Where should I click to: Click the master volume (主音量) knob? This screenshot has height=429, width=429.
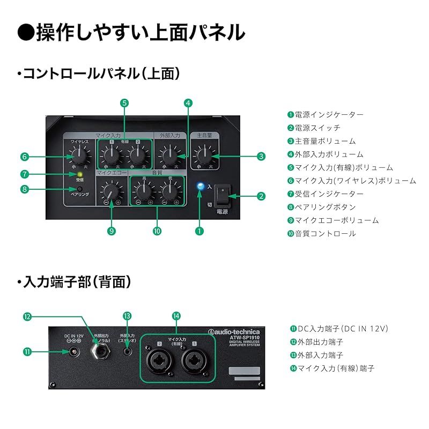click(x=204, y=156)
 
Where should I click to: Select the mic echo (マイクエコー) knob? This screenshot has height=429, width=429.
click(x=112, y=191)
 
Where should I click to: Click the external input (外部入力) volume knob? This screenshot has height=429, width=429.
click(x=169, y=156)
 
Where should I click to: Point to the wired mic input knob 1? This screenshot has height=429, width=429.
click(x=112, y=156)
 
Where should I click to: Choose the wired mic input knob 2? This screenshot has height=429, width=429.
click(x=138, y=156)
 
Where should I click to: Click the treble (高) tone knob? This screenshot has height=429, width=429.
click(x=143, y=190)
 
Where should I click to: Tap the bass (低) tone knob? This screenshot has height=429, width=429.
click(x=171, y=190)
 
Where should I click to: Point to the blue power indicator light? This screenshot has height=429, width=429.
click(x=201, y=186)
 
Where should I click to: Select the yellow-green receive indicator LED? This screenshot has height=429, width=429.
click(x=79, y=174)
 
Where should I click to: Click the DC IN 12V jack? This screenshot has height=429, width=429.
click(x=73, y=352)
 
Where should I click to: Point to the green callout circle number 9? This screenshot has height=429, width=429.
click(x=112, y=231)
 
